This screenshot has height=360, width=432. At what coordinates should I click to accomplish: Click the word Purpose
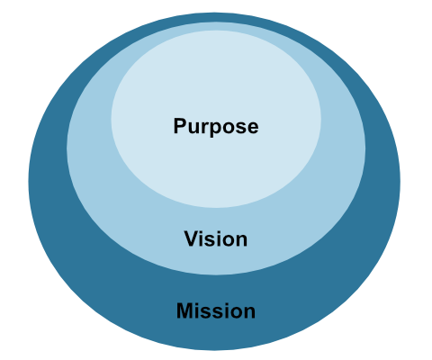pyautogui.click(x=216, y=126)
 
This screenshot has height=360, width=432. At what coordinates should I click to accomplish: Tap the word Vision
pyautogui.click(x=216, y=239)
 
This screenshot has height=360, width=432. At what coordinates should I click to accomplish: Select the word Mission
pyautogui.click(x=216, y=312)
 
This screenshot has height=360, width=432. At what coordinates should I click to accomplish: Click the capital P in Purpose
pyautogui.click(x=180, y=126)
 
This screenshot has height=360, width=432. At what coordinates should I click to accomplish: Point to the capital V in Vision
pyautogui.click(x=190, y=239)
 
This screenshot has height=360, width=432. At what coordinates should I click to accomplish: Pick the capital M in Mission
pyautogui.click(x=184, y=312)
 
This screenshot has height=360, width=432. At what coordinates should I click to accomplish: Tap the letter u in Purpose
pyautogui.click(x=193, y=128)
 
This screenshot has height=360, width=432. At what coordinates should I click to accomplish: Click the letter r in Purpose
pyautogui.click(x=203, y=128)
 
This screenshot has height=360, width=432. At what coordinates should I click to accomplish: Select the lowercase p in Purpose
pyautogui.click(x=214, y=130)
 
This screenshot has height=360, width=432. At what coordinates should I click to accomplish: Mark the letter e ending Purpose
pyautogui.click(x=252, y=128)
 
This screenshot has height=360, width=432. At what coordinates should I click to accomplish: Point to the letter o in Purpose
pyautogui.click(x=228, y=128)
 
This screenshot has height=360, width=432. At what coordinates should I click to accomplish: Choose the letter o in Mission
pyautogui.click(x=235, y=314)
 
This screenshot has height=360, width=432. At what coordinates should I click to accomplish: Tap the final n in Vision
pyautogui.click(x=241, y=241)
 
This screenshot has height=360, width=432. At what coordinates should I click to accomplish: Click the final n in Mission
pyautogui.click(x=249, y=314)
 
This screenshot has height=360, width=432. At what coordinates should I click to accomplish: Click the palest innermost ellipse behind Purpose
pyautogui.click(x=216, y=81)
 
